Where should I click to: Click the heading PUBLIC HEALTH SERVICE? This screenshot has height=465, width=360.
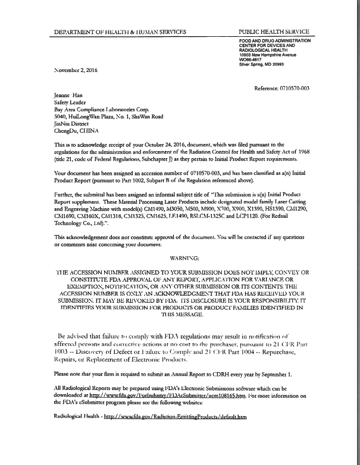point(273,31)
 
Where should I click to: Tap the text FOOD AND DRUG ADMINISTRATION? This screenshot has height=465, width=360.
point(275,40)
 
